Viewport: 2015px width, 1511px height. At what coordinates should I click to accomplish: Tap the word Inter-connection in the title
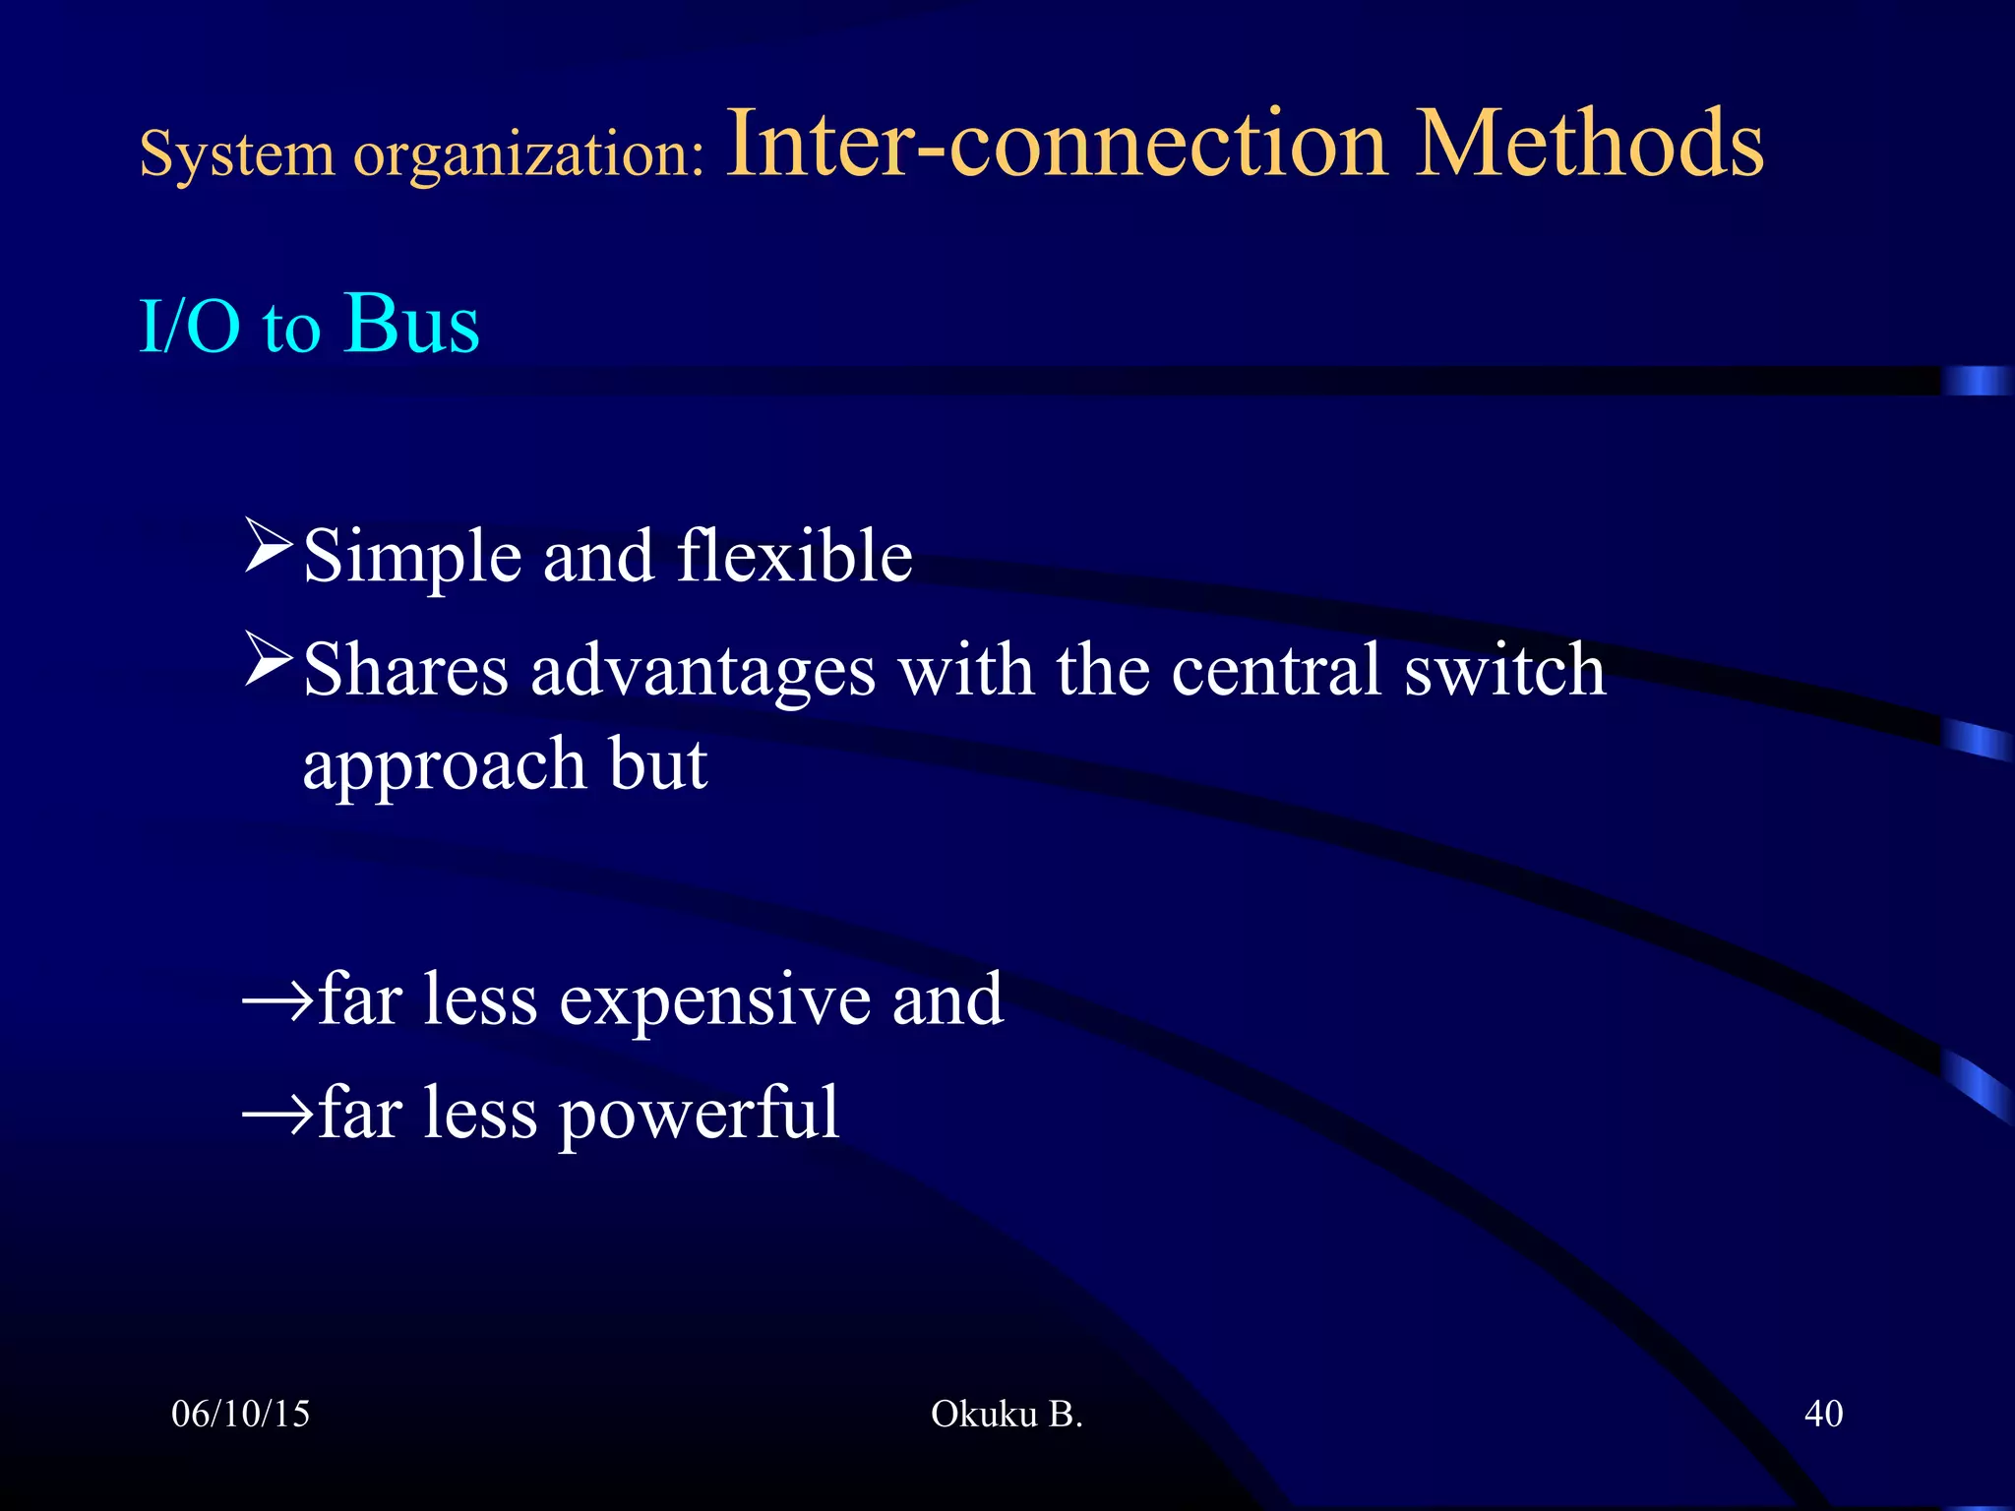click(1056, 145)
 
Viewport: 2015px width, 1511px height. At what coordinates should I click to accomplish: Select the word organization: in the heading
click(529, 155)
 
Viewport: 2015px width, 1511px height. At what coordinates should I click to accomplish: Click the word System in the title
click(236, 153)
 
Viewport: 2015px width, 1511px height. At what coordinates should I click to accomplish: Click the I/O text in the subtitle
click(190, 327)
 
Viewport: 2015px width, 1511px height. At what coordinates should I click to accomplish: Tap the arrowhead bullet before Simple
click(269, 547)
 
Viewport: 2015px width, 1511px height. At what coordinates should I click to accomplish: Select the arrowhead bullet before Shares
click(269, 660)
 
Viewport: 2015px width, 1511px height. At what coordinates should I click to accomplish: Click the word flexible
click(795, 556)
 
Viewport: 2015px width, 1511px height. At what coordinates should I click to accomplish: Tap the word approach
click(445, 766)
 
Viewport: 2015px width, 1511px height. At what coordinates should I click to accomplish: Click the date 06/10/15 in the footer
click(240, 1414)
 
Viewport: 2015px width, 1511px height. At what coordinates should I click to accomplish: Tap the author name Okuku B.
click(1007, 1414)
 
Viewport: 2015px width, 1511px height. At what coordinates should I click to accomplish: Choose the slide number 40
click(1823, 1414)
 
